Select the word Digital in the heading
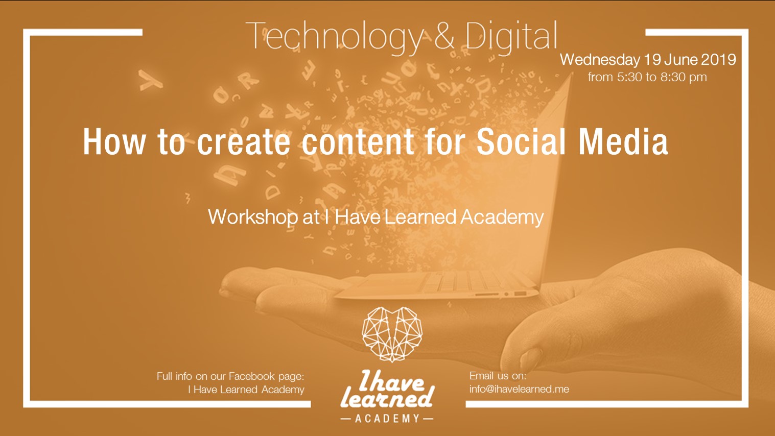point(510,37)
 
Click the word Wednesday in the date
point(600,60)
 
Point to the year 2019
point(718,60)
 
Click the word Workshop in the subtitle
point(253,217)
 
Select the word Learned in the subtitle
point(420,217)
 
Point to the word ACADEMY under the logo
point(387,419)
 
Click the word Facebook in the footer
point(251,376)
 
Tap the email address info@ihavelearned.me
point(519,389)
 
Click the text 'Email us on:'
point(498,376)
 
